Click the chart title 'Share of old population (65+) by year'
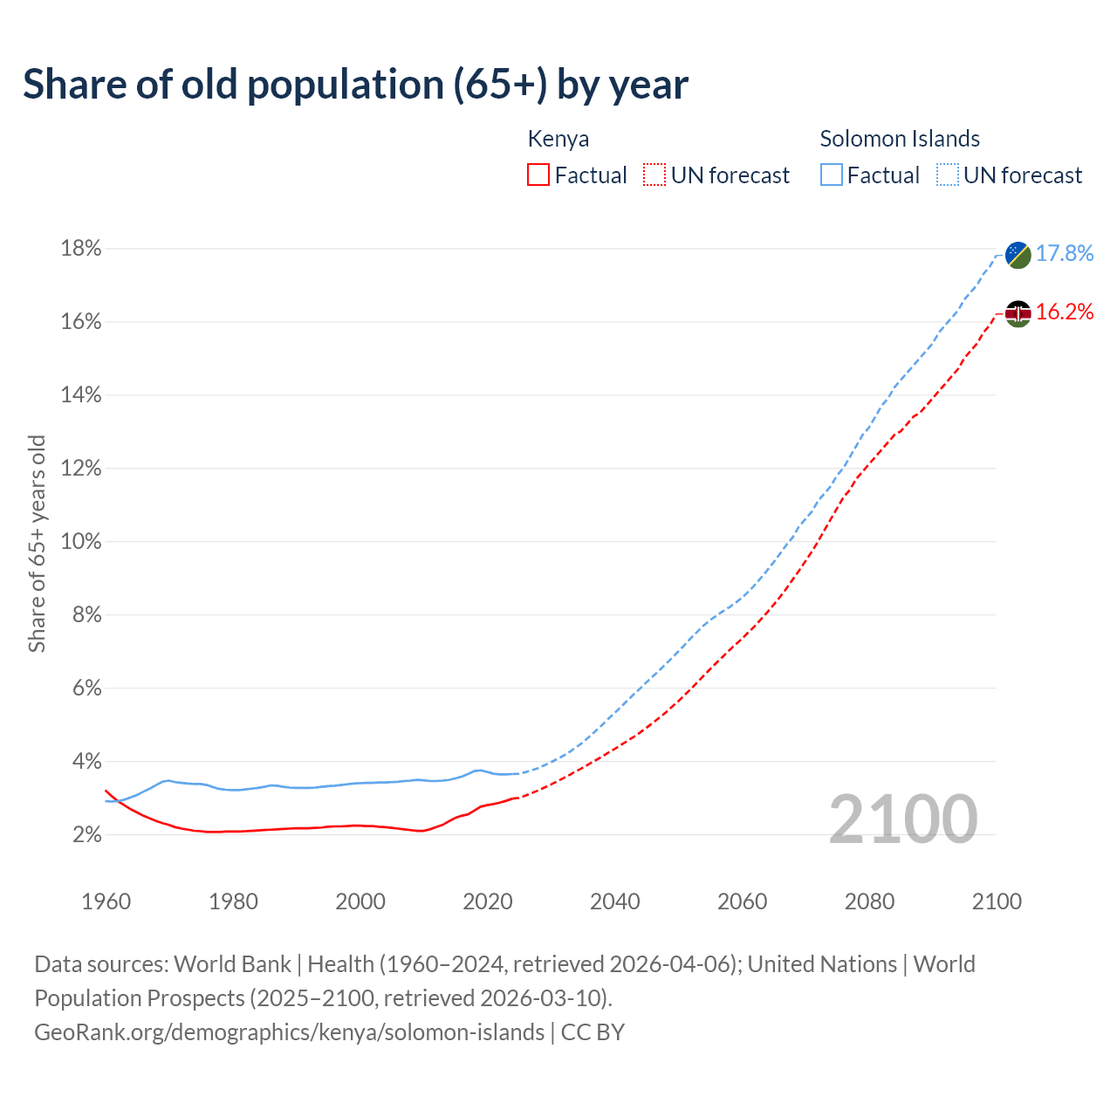point(355,85)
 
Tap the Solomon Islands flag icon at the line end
point(1018,255)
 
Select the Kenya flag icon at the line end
point(1018,313)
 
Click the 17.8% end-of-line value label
point(1065,254)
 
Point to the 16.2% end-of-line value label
point(1065,312)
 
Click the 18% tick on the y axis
point(80,250)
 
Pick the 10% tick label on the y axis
point(80,542)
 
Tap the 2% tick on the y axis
point(86,835)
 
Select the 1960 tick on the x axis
point(106,901)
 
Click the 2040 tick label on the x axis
point(614,901)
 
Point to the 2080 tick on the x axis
point(869,901)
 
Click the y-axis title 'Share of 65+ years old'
point(37,543)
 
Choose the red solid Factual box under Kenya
point(538,175)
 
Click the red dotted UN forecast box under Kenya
point(654,175)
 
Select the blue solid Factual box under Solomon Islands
point(832,175)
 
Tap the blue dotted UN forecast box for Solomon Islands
point(948,175)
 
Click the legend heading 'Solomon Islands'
point(900,139)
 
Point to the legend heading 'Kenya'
point(558,139)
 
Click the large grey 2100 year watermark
point(903,819)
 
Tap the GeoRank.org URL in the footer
point(289,1032)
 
